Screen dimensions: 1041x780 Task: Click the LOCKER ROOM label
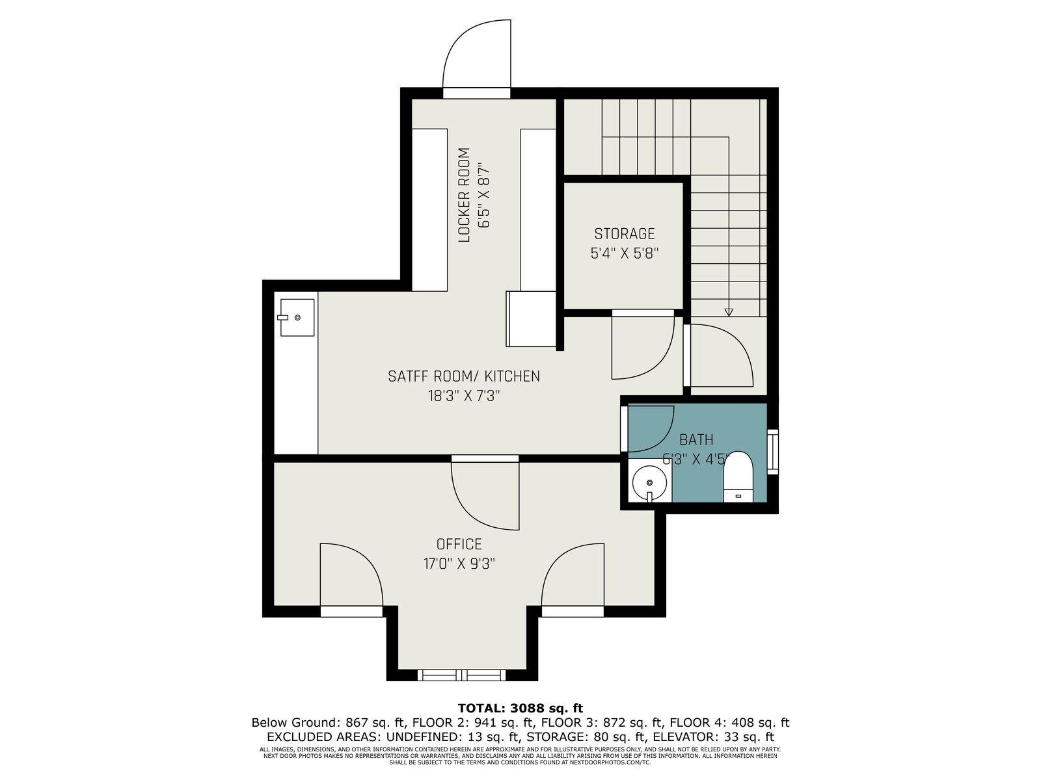[x=465, y=195]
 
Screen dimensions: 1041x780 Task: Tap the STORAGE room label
[x=624, y=234]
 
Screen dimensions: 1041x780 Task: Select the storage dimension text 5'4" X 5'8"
[x=624, y=253]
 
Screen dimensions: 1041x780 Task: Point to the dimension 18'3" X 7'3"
[x=464, y=396]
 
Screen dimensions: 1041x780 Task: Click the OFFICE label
[x=459, y=544]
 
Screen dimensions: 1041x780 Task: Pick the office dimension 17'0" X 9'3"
[x=459, y=564]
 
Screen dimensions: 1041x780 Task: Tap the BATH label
[x=696, y=440]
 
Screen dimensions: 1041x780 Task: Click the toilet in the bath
[x=738, y=476]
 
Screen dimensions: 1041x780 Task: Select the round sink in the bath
[x=649, y=482]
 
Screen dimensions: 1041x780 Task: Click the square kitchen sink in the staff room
[x=297, y=317]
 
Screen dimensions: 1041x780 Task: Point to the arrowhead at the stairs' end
[x=729, y=312]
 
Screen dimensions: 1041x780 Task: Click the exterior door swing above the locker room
[x=477, y=54]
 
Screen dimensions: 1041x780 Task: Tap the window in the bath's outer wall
[x=772, y=451]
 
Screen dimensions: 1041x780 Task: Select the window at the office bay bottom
[x=461, y=675]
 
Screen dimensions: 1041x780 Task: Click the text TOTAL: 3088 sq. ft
[x=520, y=708]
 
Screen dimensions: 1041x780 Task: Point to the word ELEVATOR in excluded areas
[x=681, y=737]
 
